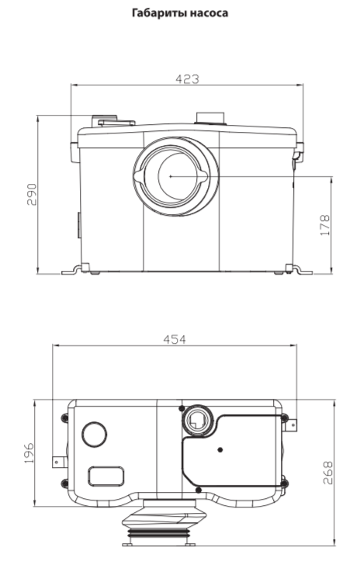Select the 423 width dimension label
(187, 78)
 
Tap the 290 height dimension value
(32, 194)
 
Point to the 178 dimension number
(325, 225)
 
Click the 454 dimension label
(175, 339)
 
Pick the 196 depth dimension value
(28, 452)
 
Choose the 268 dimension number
(327, 473)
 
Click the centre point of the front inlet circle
(171, 176)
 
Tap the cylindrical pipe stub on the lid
(210, 118)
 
